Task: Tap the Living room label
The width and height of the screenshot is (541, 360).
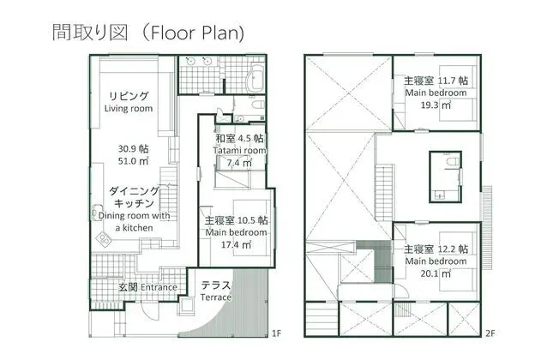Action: pos(129,108)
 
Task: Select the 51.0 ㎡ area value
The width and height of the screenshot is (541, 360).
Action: pos(133,161)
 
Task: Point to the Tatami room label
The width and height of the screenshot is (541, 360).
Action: pos(239,150)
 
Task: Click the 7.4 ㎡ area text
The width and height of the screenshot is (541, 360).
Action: pos(239,163)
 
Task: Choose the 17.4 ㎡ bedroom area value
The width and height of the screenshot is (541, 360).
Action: pos(236,245)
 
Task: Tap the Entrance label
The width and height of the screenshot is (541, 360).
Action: pos(159,287)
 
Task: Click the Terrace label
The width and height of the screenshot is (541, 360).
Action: pos(216,297)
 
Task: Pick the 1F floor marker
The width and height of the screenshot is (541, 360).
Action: pos(276,333)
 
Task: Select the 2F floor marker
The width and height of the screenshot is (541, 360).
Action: pos(490,333)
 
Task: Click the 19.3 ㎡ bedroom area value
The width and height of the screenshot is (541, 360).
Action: pos(436,105)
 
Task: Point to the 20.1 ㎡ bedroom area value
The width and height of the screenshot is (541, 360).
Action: pos(436,273)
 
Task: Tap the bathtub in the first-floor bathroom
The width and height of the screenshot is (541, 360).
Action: pos(256,78)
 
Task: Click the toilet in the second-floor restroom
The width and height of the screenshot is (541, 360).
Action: pos(452,162)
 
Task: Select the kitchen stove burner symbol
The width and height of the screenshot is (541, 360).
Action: pos(104,239)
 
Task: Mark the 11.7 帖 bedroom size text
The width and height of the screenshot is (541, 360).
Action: pos(453,81)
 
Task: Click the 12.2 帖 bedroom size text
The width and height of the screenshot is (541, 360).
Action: pos(453,249)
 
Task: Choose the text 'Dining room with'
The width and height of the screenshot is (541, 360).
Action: pos(135,215)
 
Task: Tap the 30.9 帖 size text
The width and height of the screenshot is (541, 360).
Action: pos(133,148)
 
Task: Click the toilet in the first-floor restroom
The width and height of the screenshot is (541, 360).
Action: pos(257,104)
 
